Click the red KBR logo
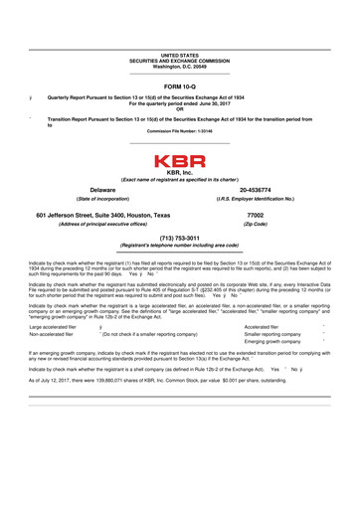[180, 160]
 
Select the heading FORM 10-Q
[180, 85]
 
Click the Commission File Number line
[180, 130]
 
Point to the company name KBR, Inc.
[180, 172]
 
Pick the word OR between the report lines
[180, 108]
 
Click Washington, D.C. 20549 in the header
[180, 66]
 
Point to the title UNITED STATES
[180, 56]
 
